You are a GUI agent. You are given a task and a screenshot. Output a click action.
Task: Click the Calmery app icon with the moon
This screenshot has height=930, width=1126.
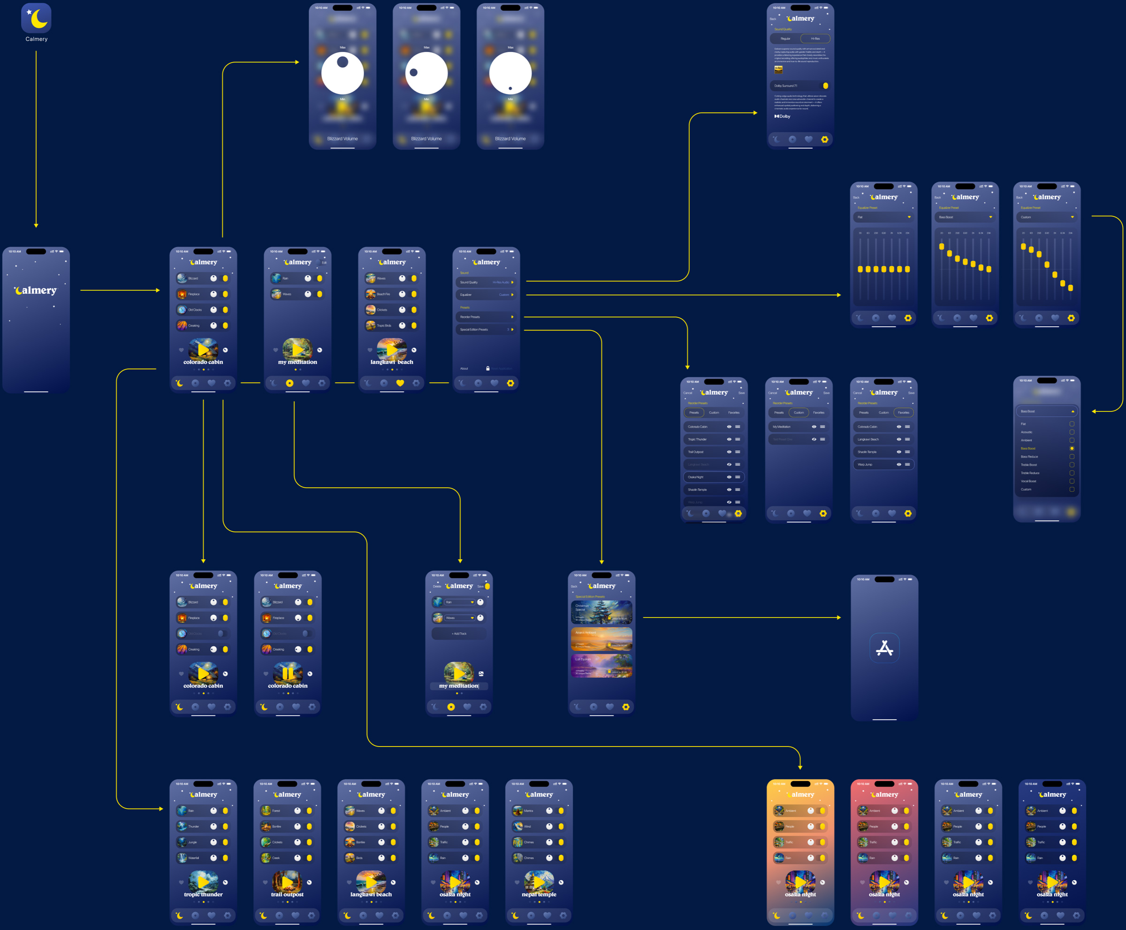coord(37,18)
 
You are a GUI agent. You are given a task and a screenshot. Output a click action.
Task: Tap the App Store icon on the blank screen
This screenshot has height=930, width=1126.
coord(884,648)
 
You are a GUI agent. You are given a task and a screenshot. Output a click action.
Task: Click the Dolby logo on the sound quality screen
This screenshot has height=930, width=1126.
coord(782,116)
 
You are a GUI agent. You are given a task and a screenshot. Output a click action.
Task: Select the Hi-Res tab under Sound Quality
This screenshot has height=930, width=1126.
coord(815,38)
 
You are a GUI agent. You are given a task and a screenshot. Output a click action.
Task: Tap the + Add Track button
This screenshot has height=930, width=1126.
coord(459,634)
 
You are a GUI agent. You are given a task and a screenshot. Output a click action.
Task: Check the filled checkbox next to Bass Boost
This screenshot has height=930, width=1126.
coord(1072,448)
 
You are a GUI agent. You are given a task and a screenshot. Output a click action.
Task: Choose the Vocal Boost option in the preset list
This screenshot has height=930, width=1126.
coord(1029,481)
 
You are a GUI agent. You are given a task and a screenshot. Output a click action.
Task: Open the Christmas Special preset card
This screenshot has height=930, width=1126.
coord(601,612)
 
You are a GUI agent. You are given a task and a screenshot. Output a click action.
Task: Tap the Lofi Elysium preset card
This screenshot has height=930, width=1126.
coord(601,665)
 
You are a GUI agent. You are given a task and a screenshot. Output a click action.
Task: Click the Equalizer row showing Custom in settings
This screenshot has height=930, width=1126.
coord(486,295)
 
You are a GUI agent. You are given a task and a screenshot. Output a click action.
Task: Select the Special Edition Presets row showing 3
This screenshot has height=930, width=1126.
coord(486,330)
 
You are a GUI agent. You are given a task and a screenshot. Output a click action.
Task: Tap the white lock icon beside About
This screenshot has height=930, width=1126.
coord(488,369)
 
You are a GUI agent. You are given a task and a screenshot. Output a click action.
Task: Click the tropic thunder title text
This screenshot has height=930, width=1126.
coord(203,894)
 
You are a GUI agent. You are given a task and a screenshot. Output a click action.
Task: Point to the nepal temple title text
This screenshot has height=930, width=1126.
coord(539,894)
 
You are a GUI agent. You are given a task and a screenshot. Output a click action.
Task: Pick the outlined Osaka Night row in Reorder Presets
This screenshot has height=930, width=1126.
coord(713,477)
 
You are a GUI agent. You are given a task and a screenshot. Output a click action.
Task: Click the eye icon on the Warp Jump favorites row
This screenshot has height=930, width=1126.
coord(898,464)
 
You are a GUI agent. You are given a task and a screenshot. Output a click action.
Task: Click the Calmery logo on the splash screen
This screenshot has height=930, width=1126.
coord(36,290)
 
